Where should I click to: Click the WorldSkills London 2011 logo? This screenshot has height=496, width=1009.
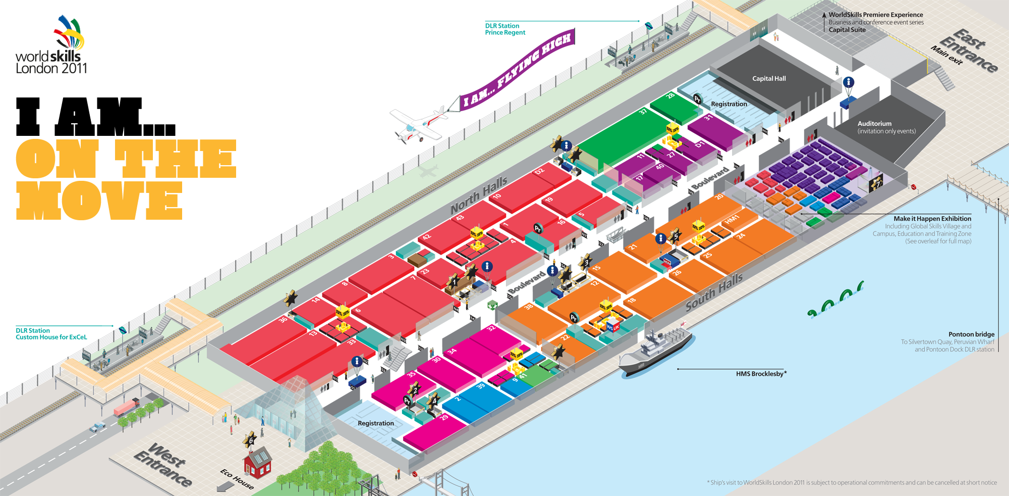tap(50, 44)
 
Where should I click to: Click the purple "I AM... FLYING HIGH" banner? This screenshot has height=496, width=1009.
tap(517, 71)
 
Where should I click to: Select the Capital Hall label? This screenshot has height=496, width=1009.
tap(769, 79)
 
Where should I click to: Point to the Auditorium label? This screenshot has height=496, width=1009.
tap(874, 124)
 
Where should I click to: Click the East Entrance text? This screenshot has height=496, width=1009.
tap(969, 51)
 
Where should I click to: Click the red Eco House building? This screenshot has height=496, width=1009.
tap(258, 463)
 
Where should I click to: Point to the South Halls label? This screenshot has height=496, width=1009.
tap(714, 291)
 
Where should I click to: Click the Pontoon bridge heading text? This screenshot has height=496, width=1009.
tap(971, 334)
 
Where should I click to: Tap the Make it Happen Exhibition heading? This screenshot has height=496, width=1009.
tap(932, 219)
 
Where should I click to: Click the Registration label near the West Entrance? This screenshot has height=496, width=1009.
tap(376, 423)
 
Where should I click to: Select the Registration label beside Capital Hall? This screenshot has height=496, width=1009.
tap(728, 104)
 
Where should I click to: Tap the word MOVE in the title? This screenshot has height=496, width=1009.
tap(99, 201)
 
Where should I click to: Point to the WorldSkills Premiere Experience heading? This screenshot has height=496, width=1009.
tap(875, 15)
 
